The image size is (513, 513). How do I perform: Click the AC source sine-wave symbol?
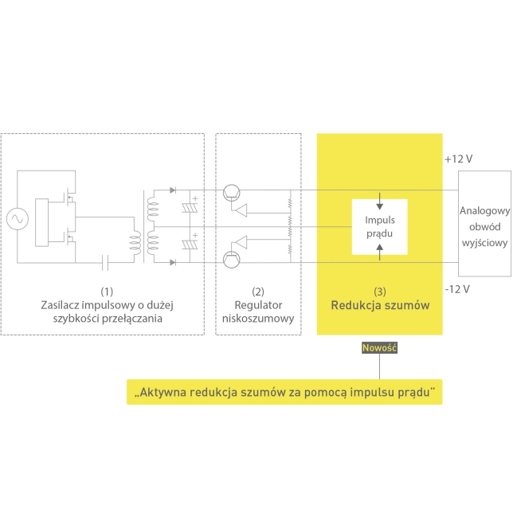(15, 217)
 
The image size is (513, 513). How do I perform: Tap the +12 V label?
(460, 159)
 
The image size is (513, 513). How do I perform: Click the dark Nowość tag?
(379, 347)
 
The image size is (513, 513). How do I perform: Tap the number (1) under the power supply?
(108, 292)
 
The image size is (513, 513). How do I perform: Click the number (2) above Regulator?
(258, 292)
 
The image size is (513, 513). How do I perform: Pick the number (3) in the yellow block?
(380, 292)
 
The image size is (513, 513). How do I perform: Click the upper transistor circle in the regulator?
(232, 192)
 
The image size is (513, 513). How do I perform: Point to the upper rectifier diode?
(173, 191)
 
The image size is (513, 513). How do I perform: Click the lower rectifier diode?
(173, 260)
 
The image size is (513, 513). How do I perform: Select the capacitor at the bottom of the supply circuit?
(104, 260)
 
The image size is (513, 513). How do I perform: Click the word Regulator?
(258, 305)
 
